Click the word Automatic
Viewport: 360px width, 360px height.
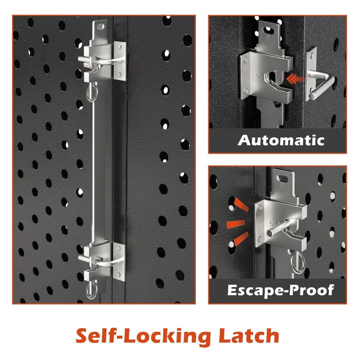click(281, 140)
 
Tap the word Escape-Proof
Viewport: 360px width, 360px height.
click(281, 290)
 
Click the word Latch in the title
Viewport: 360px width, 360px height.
click(248, 336)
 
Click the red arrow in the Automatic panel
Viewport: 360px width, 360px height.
click(295, 79)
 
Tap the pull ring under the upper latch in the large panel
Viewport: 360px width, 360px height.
click(92, 93)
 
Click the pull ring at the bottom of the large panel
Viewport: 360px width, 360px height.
click(92, 290)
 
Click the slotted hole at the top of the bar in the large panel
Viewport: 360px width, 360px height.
click(101, 27)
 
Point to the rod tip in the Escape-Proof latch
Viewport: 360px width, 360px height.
click(270, 233)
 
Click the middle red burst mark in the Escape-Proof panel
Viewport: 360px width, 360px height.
click(235, 224)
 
